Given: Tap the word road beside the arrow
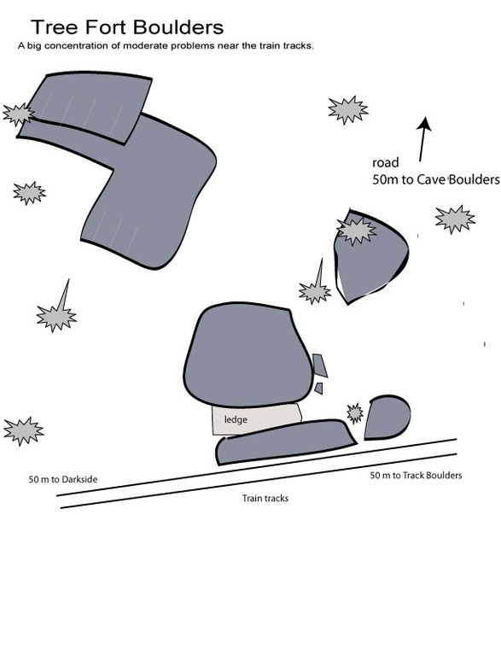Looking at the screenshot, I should [x=384, y=162].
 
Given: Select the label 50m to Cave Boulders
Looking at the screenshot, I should [x=435, y=179].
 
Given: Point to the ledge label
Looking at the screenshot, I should [x=236, y=419].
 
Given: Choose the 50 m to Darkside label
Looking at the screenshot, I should [x=63, y=480].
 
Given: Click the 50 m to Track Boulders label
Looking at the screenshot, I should [x=416, y=475].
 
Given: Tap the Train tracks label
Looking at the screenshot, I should [x=265, y=498].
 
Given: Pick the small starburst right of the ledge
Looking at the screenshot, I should [x=354, y=413].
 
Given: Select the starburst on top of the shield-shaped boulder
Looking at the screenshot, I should [x=356, y=230].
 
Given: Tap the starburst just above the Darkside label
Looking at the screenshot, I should [x=23, y=430].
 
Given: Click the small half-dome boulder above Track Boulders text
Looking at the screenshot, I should [x=388, y=416].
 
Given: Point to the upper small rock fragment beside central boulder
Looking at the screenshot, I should [x=320, y=365].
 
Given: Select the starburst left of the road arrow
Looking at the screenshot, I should [x=348, y=109].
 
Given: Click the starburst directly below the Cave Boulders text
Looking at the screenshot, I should [x=454, y=219].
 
